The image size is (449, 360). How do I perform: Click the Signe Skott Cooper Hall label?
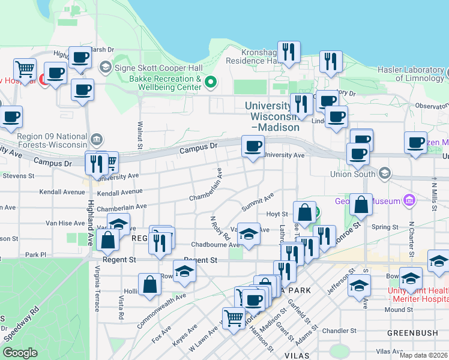tap(149, 66)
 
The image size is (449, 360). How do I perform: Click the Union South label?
tap(352, 174)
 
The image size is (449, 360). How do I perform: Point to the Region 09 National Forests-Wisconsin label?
tap(51, 140)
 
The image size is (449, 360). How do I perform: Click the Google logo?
tap(20, 352)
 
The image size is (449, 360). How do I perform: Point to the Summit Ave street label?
tap(258, 201)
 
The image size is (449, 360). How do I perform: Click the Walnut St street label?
tap(139, 134)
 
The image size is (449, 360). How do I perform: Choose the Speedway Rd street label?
tap(22, 324)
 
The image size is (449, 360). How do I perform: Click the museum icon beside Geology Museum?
tap(410, 199)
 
